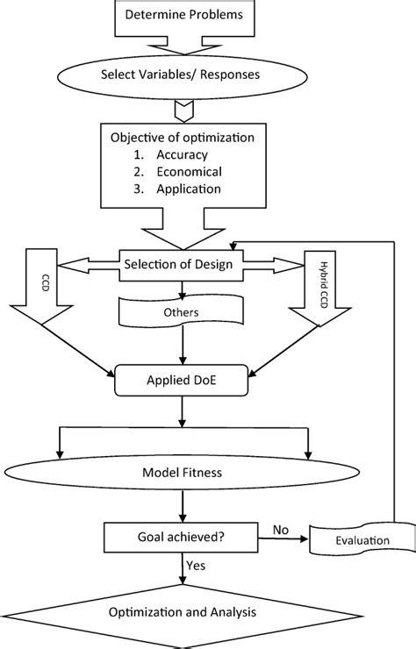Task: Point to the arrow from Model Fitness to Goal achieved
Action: point(182,510)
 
